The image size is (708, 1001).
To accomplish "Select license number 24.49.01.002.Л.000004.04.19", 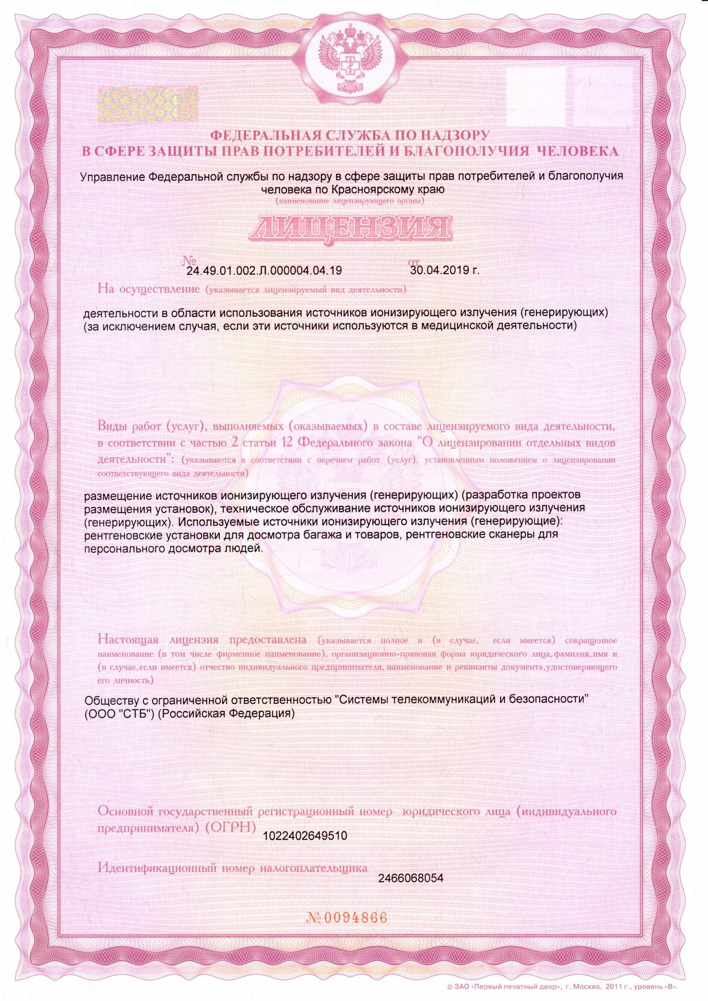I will [x=264, y=271].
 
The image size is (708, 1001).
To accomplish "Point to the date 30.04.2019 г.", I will [x=444, y=270].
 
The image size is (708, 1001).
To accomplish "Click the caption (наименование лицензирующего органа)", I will [x=350, y=201].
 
